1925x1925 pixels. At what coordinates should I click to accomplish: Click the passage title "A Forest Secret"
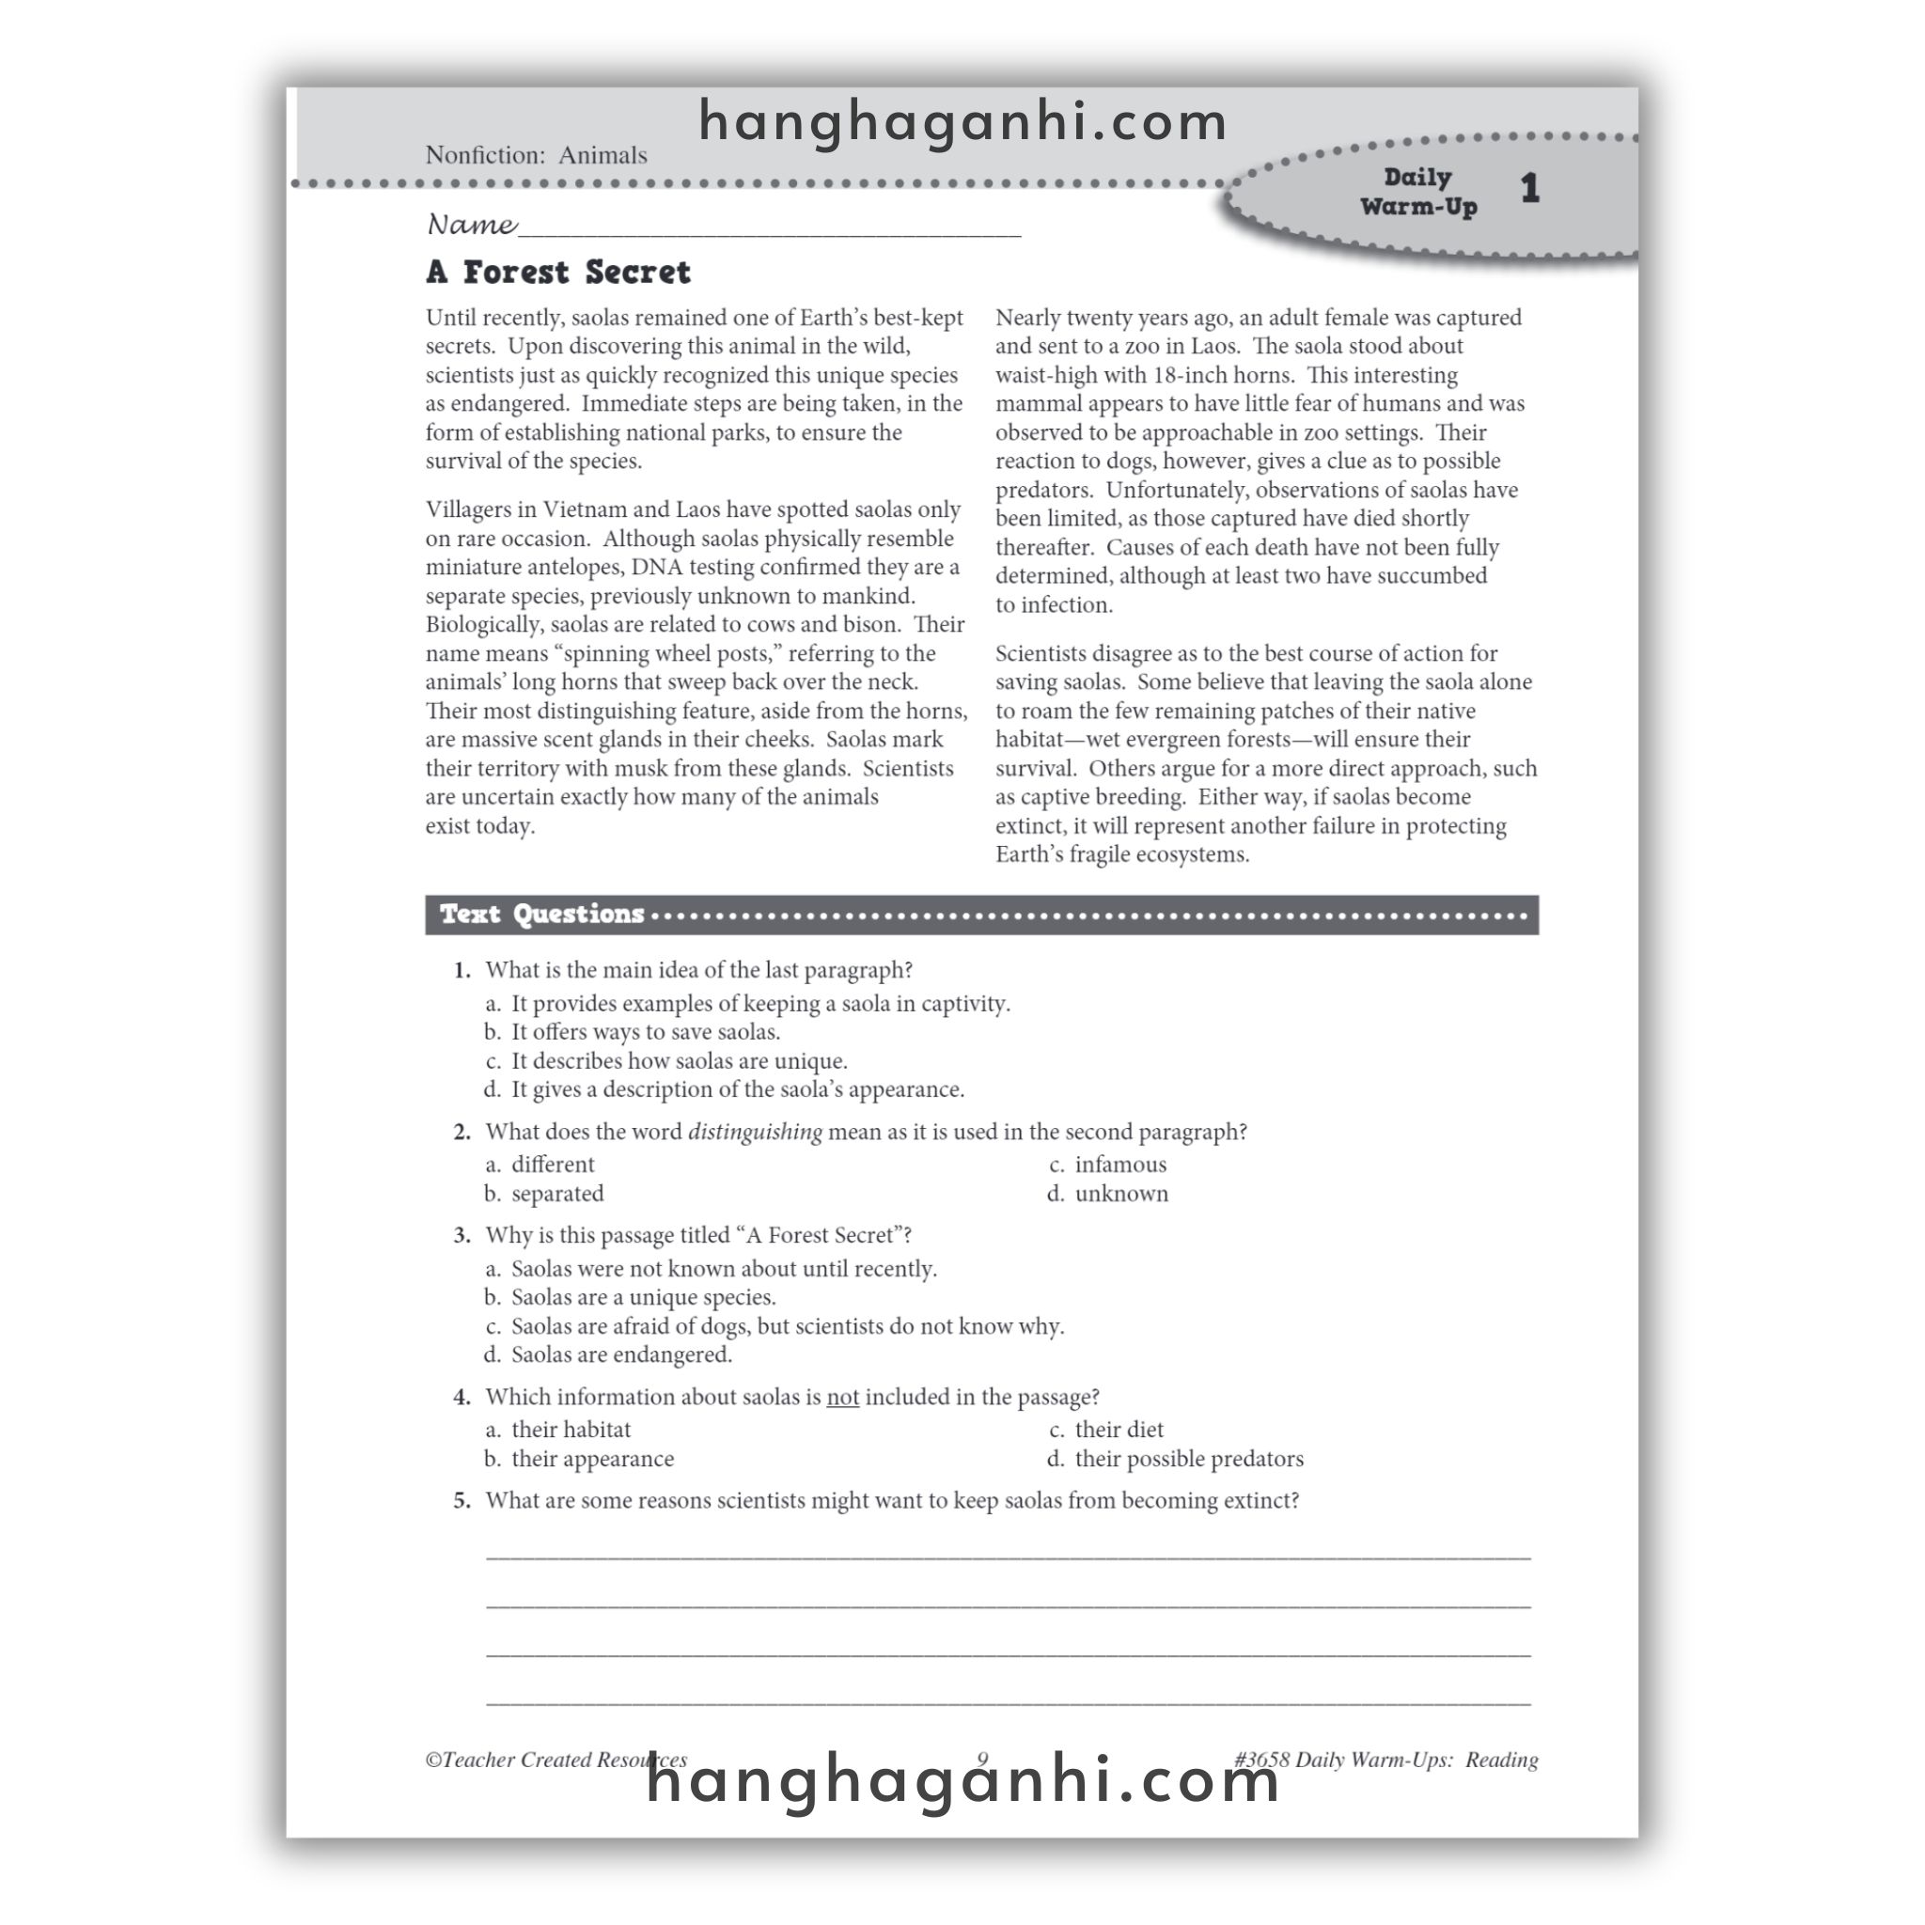(x=558, y=272)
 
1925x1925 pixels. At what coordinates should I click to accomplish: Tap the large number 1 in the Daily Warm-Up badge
(x=1529, y=188)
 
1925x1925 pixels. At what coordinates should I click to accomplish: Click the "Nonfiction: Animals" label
(x=536, y=155)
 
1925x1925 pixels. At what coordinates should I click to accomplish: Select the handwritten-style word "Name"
(x=471, y=225)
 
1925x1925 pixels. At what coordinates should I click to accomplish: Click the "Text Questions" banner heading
(x=542, y=914)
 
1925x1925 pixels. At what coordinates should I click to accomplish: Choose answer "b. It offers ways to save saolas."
(x=645, y=1032)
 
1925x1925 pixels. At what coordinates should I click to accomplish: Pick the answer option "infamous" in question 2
(x=1119, y=1164)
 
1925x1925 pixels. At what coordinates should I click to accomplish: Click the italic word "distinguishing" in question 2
(x=756, y=1132)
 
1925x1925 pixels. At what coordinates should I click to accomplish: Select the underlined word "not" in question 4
(x=842, y=1397)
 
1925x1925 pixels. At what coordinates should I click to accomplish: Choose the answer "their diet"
(x=1118, y=1429)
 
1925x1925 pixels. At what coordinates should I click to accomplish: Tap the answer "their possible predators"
(x=1188, y=1459)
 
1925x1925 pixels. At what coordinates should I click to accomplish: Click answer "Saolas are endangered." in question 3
(x=620, y=1354)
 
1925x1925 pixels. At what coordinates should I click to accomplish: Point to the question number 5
(x=462, y=1500)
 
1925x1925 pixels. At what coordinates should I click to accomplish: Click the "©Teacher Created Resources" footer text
(x=555, y=1760)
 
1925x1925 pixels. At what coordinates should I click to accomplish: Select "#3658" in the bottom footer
(x=1261, y=1760)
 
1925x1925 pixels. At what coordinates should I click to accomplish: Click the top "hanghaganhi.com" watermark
(x=962, y=122)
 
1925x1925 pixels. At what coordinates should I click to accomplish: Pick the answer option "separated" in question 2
(x=557, y=1194)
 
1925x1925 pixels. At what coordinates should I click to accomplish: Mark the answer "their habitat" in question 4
(x=570, y=1429)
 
